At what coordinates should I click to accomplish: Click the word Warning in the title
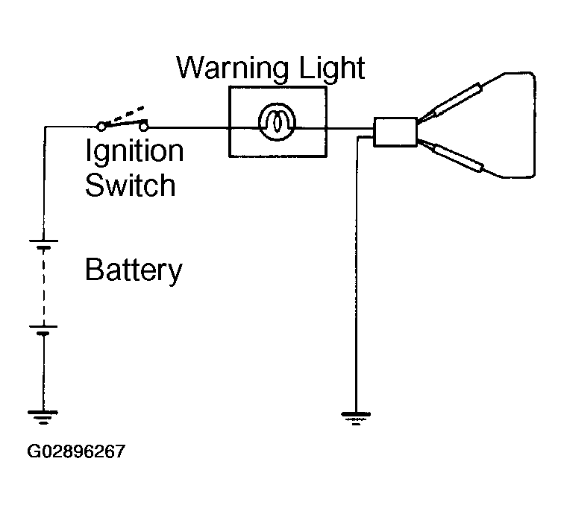(232, 68)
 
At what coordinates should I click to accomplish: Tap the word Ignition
(134, 152)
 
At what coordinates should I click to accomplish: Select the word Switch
(131, 185)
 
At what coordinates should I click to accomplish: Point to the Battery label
(134, 270)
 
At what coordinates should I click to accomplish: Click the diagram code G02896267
(76, 451)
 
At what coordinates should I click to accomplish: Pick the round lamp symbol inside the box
(277, 122)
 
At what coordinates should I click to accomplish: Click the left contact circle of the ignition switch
(101, 127)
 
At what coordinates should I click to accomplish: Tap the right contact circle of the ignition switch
(144, 127)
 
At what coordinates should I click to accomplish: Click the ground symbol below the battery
(43, 417)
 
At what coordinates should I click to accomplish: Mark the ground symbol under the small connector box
(356, 419)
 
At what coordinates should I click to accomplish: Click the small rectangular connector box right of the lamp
(395, 132)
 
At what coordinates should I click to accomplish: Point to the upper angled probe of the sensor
(457, 100)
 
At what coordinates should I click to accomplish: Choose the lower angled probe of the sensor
(458, 157)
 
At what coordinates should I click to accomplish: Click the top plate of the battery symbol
(43, 241)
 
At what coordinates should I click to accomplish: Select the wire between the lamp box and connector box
(350, 128)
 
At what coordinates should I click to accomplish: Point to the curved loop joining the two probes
(535, 124)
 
